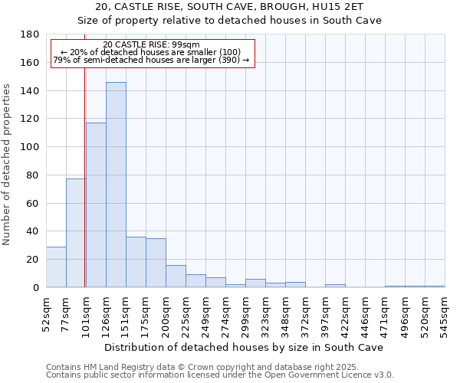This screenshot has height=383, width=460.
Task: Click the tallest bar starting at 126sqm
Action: [116, 185]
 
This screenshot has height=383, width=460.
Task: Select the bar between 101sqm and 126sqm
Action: [96, 205]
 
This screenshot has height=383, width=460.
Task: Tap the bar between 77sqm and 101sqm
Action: [76, 233]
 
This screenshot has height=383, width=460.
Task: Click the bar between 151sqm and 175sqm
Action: [136, 262]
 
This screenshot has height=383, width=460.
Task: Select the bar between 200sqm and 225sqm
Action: [176, 276]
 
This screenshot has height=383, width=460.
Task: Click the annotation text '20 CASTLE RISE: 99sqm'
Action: [151, 44]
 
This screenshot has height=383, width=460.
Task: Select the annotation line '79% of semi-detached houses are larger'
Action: [151, 60]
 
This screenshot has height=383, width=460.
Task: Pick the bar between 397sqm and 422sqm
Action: [335, 286]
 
